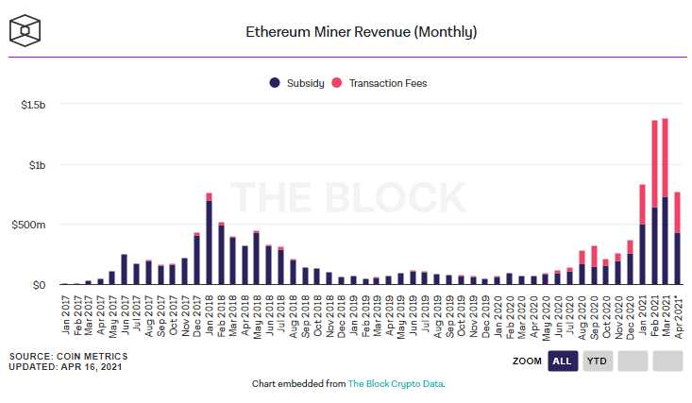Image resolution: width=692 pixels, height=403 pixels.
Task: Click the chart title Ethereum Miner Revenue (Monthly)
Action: pyautogui.click(x=361, y=32)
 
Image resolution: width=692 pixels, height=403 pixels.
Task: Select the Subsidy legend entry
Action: pyautogui.click(x=297, y=83)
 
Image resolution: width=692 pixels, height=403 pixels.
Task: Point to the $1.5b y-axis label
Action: pyautogui.click(x=32, y=105)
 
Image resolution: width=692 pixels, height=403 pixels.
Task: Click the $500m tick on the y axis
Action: pyautogui.click(x=28, y=225)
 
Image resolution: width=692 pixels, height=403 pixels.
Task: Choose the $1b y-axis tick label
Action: pyautogui.click(x=35, y=165)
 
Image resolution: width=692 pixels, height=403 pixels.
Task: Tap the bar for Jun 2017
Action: pyautogui.click(x=124, y=269)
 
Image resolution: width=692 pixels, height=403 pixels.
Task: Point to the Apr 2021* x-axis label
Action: pyautogui.click(x=678, y=316)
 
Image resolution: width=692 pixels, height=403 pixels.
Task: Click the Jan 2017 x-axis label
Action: pyautogui.click(x=64, y=316)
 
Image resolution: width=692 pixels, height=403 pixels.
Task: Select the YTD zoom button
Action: pyautogui.click(x=597, y=361)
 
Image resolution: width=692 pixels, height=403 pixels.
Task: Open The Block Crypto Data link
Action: pyautogui.click(x=396, y=384)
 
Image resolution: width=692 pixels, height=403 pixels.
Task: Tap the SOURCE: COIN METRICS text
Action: pyautogui.click(x=68, y=356)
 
